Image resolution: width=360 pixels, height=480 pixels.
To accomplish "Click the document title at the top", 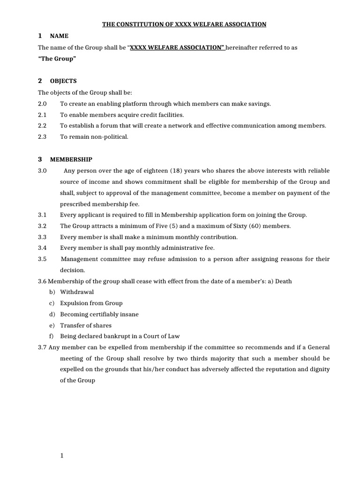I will pyautogui.click(x=184, y=24).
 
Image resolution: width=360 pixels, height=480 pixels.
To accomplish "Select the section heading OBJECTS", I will pyautogui.click(x=63, y=81).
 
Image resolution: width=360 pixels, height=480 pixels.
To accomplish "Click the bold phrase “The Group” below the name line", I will pyautogui.click(x=57, y=59).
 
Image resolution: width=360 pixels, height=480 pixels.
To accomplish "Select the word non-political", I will pyautogui.click(x=109, y=137).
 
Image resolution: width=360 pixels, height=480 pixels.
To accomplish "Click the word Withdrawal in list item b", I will pyautogui.click(x=77, y=292).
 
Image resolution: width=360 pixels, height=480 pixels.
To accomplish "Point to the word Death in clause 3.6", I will pyautogui.click(x=283, y=281).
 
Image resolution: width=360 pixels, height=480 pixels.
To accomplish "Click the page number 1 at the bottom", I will pyautogui.click(x=61, y=456).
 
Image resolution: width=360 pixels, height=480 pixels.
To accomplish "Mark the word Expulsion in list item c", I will pyautogui.click(x=75, y=303).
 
